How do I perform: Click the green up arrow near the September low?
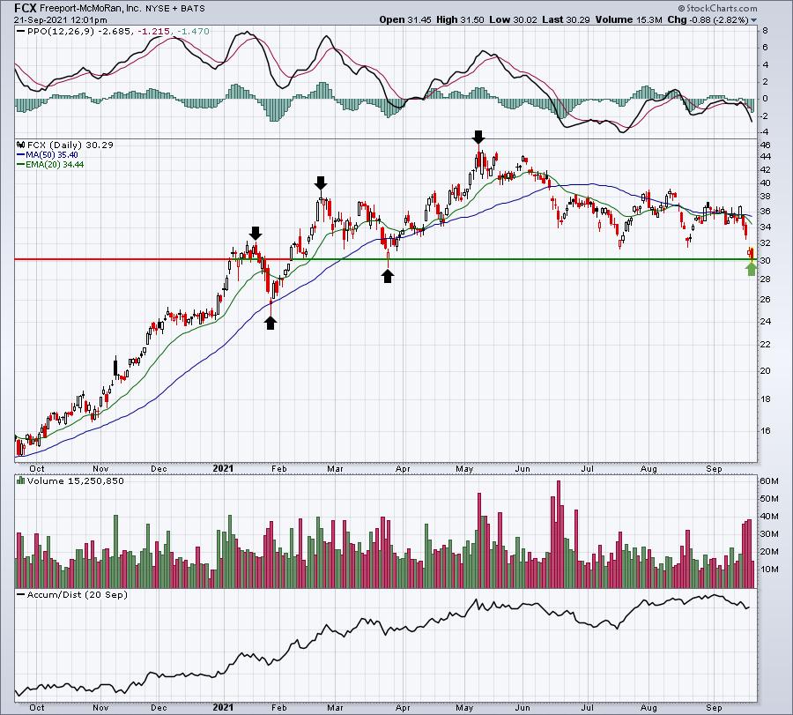752,269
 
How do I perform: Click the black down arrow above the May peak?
478,137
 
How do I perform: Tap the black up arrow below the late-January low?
271,323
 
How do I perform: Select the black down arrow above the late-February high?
321,182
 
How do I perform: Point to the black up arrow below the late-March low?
388,276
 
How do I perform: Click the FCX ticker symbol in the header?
26,8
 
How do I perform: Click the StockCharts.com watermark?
717,8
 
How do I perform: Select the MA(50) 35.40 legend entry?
48,155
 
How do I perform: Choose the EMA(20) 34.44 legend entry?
50,165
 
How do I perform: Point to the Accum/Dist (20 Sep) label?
77,594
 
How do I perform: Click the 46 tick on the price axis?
767,145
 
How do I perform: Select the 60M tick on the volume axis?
769,480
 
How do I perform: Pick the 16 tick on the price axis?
767,430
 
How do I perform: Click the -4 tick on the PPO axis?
765,132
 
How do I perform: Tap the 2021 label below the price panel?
223,468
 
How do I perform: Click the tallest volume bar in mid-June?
559,534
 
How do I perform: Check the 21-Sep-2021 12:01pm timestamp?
61,19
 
